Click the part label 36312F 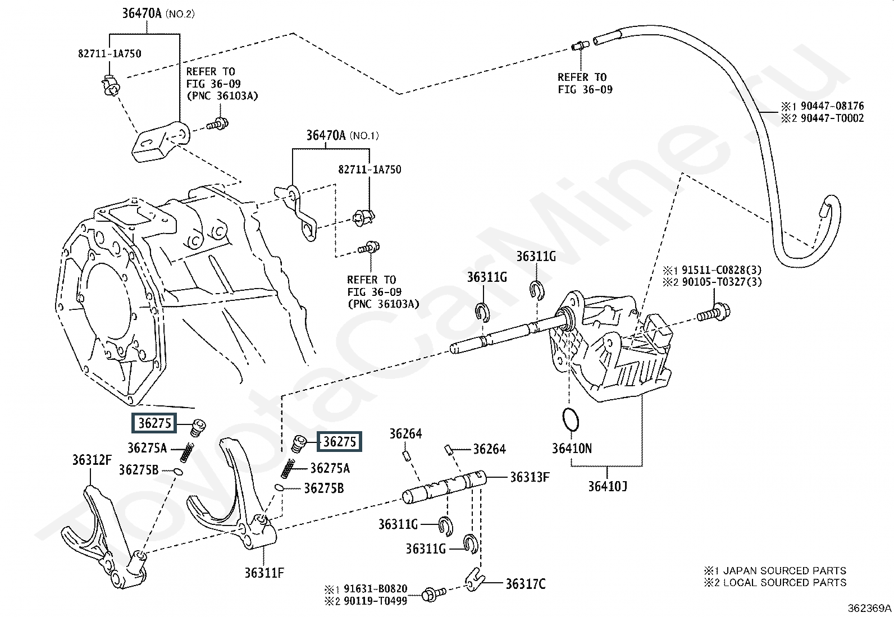point(92,460)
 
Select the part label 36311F point(264,573)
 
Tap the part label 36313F point(530,477)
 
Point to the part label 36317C point(525,584)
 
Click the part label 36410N point(572,449)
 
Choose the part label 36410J point(608,487)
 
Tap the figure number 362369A point(869,608)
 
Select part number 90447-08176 point(832,106)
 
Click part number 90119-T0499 point(375,601)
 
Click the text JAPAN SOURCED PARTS point(784,571)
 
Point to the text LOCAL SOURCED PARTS point(784,583)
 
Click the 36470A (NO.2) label point(158,13)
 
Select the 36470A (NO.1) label point(343,136)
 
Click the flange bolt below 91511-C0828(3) point(714,314)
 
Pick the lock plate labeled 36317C point(475,579)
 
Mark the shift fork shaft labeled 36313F point(444,487)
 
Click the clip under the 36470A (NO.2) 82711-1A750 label point(110,85)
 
